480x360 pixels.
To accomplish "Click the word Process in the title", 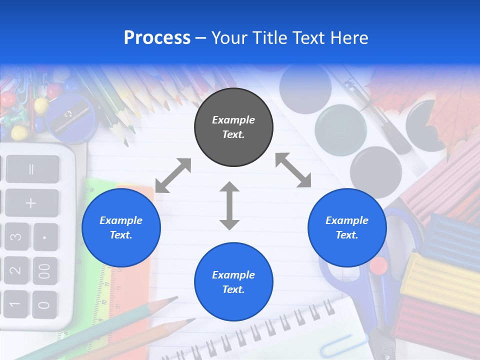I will click(x=157, y=38).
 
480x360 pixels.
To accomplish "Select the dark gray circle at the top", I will click(x=233, y=127).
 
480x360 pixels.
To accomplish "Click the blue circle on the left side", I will click(x=121, y=227).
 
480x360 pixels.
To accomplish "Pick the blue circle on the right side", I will click(x=347, y=227).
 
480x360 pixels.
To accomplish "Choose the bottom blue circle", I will click(x=233, y=282).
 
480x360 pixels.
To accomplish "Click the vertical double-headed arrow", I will click(x=229, y=205).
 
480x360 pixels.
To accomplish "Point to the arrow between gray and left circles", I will click(x=173, y=175).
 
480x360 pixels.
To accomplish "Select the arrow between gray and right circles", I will click(x=293, y=170).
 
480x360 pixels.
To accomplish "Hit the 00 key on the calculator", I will click(x=45, y=271).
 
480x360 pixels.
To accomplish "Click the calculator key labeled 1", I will click(x=15, y=304).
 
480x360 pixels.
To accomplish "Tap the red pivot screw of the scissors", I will click(x=379, y=265).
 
